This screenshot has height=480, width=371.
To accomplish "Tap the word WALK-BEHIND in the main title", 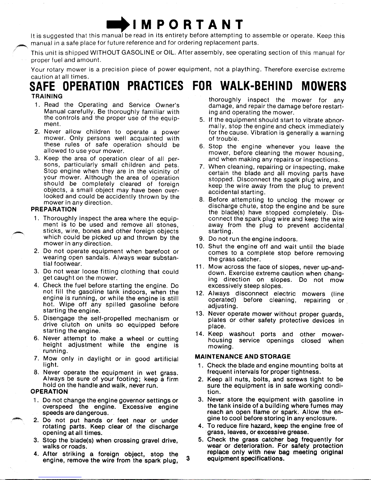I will (x=256, y=86).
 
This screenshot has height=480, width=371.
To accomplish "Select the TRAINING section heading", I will (x=47, y=96).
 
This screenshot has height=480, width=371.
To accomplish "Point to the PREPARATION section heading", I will (x=54, y=209).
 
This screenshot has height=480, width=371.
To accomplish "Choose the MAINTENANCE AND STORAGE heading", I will (x=243, y=356).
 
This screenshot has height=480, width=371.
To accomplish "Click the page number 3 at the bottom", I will (x=188, y=458).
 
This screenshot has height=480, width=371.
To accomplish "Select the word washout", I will (x=242, y=334).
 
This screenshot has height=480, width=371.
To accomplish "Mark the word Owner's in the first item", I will (x=167, y=105).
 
